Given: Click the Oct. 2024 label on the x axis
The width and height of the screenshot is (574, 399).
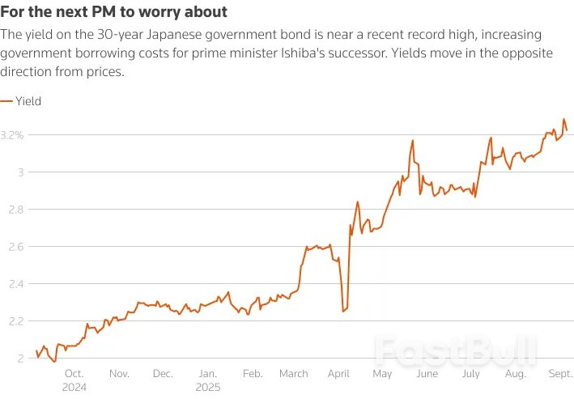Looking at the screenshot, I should point(74,380).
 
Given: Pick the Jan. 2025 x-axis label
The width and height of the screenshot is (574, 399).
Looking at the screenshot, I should point(208,380).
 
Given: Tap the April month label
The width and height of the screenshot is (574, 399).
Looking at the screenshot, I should point(338,374).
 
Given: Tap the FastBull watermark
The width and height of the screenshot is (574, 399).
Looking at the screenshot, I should point(456,350).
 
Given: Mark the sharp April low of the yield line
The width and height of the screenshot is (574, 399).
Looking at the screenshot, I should point(343,311).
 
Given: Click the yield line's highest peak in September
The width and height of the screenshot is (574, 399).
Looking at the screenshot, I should point(563,119).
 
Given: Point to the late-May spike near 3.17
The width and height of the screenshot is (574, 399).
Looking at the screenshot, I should point(413,140).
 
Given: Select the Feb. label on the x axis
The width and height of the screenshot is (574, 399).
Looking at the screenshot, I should point(253,374).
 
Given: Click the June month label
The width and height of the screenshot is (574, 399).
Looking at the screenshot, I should point(427,374).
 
